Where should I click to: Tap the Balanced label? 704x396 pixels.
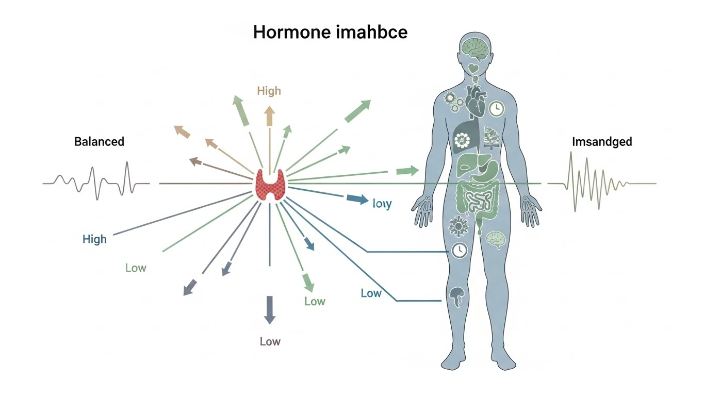99,141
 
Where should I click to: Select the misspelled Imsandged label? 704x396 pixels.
602,142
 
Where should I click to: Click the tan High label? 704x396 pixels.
269,91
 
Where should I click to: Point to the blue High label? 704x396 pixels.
94,239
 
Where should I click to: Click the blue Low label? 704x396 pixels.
371,293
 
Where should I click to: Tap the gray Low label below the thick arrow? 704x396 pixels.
270,341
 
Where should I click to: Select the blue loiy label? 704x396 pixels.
382,204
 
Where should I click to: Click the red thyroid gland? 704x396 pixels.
270,184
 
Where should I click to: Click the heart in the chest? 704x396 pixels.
475,101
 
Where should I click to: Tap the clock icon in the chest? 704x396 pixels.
496,108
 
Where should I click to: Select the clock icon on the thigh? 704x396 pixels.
459,251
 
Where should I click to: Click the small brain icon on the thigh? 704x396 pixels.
495,240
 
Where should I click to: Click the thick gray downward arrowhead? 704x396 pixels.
269,310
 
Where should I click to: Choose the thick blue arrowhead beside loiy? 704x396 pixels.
356,199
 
